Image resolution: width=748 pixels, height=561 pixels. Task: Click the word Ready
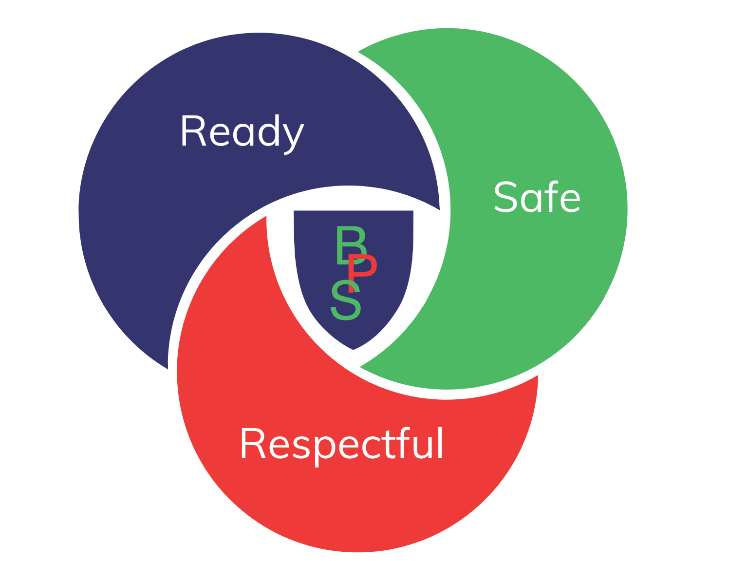tap(242, 131)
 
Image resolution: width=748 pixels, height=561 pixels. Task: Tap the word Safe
tap(537, 197)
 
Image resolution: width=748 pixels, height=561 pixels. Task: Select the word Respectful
tap(341, 444)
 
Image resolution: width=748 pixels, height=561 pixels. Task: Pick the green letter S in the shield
tap(346, 300)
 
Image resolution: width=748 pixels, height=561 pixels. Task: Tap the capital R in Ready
tap(192, 131)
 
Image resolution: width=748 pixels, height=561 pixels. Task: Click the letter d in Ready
tap(269, 131)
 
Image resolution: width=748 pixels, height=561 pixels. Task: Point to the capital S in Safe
tap(505, 197)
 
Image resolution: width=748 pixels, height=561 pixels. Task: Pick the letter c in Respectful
tap(370, 447)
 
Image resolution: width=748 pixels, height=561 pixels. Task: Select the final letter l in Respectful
tap(440, 443)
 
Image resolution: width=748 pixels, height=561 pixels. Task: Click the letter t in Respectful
tap(389, 444)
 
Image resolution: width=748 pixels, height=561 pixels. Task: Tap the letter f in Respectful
tap(404, 443)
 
